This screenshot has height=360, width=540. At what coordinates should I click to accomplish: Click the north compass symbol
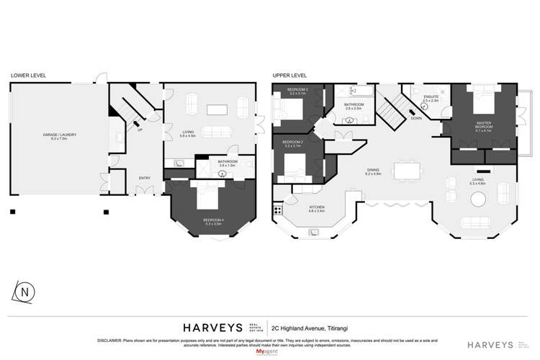pyautogui.click(x=24, y=293)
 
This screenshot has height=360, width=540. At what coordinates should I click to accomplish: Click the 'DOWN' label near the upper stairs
pyautogui.click(x=415, y=120)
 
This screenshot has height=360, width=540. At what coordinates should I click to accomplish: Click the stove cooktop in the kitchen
pyautogui.click(x=276, y=211)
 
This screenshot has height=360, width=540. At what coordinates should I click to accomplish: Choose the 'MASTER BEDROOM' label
pyautogui.click(x=483, y=127)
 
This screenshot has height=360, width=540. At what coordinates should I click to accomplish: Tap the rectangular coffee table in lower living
pyautogui.click(x=217, y=109)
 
